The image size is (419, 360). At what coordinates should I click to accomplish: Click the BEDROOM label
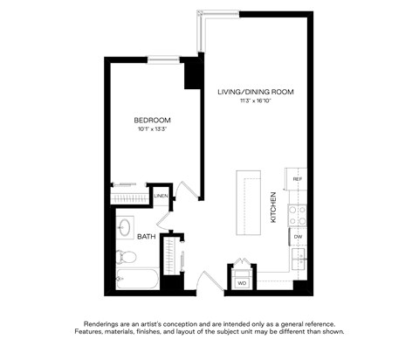[152, 120]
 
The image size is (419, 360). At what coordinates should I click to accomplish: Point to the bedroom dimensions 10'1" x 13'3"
[152, 130]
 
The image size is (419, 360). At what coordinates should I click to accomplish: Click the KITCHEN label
[273, 207]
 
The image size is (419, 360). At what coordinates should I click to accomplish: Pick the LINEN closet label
[161, 197]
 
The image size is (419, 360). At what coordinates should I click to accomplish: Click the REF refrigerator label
[297, 179]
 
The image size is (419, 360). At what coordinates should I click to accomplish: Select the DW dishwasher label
[298, 237]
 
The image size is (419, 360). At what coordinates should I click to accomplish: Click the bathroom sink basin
[124, 228]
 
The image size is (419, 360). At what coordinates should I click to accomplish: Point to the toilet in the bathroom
[126, 256]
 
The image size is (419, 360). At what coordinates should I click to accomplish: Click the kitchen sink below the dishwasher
[298, 257]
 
